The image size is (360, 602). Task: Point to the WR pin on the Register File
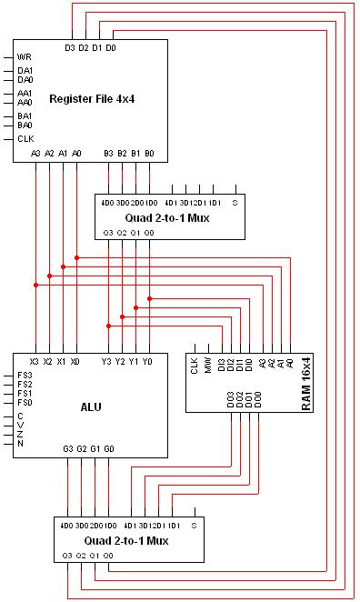click(25, 56)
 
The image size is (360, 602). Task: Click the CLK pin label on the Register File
click(25, 139)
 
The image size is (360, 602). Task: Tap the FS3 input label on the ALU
click(25, 375)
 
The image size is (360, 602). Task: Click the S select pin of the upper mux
click(234, 201)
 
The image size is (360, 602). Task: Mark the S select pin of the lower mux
click(194, 525)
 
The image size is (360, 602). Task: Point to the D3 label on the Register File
click(70, 47)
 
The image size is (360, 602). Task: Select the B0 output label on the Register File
click(150, 154)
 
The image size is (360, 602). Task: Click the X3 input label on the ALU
click(35, 361)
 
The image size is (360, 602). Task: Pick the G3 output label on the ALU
click(68, 448)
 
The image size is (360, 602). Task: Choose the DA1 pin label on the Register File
click(25, 70)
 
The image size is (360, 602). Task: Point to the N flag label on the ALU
click(20, 444)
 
